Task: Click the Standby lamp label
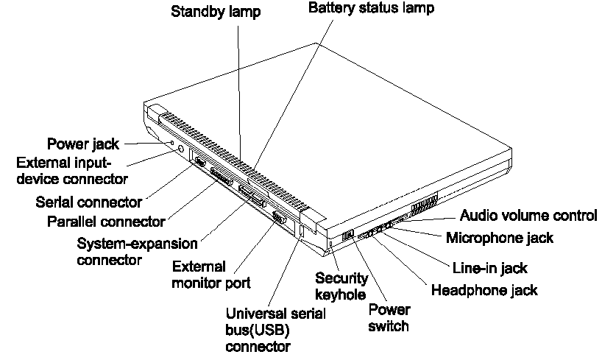click(x=216, y=12)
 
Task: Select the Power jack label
click(x=82, y=144)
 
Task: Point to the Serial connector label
click(x=88, y=201)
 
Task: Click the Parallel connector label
click(x=105, y=221)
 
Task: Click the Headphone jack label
click(x=484, y=290)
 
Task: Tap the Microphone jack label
click(x=500, y=238)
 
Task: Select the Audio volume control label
click(x=528, y=216)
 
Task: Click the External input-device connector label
click(x=71, y=170)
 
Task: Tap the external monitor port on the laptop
click(x=280, y=218)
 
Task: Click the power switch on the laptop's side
click(x=349, y=235)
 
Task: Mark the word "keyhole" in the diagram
click(x=340, y=294)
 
